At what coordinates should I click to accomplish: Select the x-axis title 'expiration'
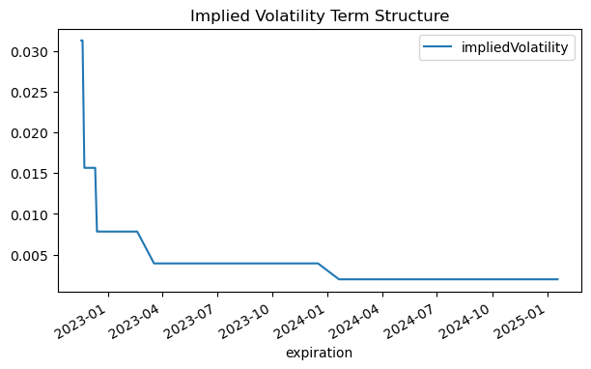[320, 354]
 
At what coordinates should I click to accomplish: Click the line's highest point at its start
[81, 41]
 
